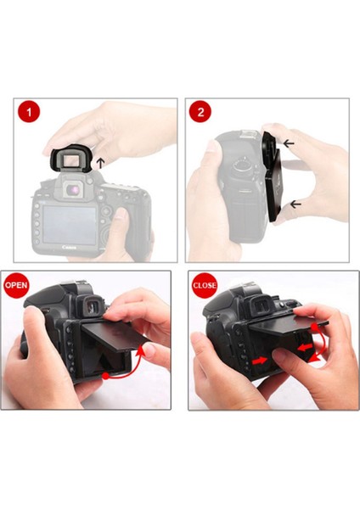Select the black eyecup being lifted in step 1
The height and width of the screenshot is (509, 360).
(x=68, y=159)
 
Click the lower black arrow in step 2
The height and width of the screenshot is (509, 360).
(x=295, y=203)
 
